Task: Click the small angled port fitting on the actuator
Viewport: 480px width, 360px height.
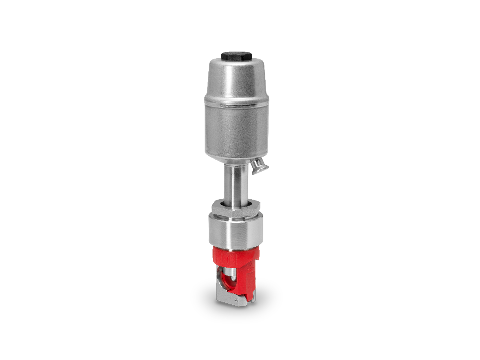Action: [258, 165]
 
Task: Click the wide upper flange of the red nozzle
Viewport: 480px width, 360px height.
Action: [235, 256]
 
